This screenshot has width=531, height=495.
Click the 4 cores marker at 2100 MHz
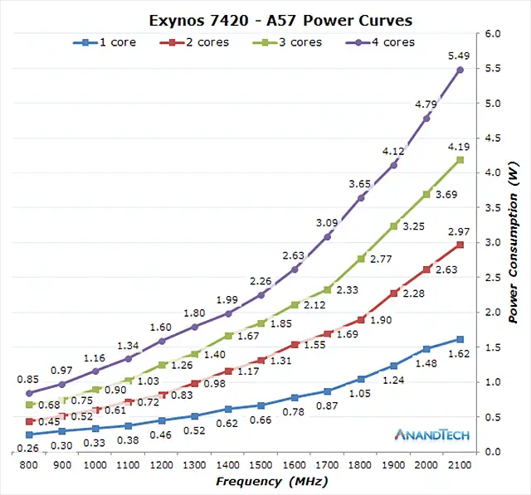pyautogui.click(x=460, y=70)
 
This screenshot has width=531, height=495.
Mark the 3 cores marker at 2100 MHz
pyautogui.click(x=460, y=160)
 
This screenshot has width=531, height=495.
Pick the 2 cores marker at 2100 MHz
pyautogui.click(x=460, y=245)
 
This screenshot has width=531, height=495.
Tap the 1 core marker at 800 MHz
pyautogui.click(x=29, y=434)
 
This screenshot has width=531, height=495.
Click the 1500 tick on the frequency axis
pyautogui.click(x=261, y=466)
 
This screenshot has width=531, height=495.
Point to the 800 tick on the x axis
pyautogui.click(x=29, y=466)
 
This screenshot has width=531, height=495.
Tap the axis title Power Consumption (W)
pyautogui.click(x=514, y=243)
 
